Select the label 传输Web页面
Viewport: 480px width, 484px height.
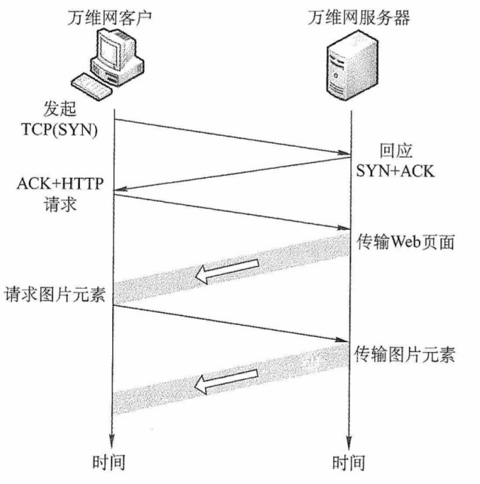[405, 240]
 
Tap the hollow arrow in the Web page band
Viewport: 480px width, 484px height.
[226, 271]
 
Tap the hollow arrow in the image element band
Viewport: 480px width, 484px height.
[226, 381]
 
